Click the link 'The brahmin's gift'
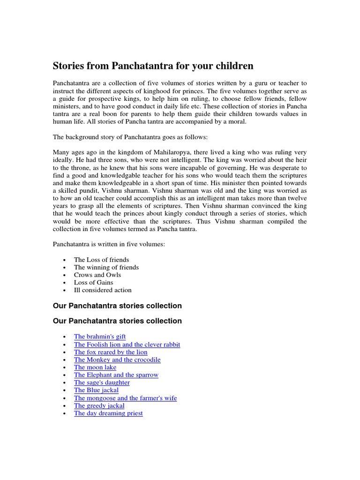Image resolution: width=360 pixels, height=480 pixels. click(100, 337)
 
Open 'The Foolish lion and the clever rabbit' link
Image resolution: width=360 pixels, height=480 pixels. click(127, 345)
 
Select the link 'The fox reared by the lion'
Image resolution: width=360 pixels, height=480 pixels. click(111, 352)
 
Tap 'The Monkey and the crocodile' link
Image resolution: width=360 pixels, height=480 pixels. click(117, 360)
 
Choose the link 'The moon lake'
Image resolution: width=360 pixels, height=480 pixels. click(95, 367)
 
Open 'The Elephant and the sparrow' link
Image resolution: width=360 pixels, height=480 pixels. click(116, 375)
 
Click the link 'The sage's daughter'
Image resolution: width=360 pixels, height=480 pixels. click(102, 382)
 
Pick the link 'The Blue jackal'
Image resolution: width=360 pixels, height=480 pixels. click(96, 390)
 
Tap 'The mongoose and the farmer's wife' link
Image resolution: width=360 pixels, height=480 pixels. click(125, 398)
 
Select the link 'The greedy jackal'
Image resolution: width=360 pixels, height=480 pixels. click(99, 405)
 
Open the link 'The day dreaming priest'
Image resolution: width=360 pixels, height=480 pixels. click(108, 413)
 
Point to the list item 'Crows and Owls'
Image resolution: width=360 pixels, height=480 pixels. click(97, 275)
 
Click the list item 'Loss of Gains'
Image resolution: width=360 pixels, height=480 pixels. click(94, 282)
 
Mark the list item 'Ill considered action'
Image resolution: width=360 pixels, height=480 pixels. click(103, 290)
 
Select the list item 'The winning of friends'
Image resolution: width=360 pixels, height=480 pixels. click(106, 267)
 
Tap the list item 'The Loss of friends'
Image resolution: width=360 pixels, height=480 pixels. click(101, 260)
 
